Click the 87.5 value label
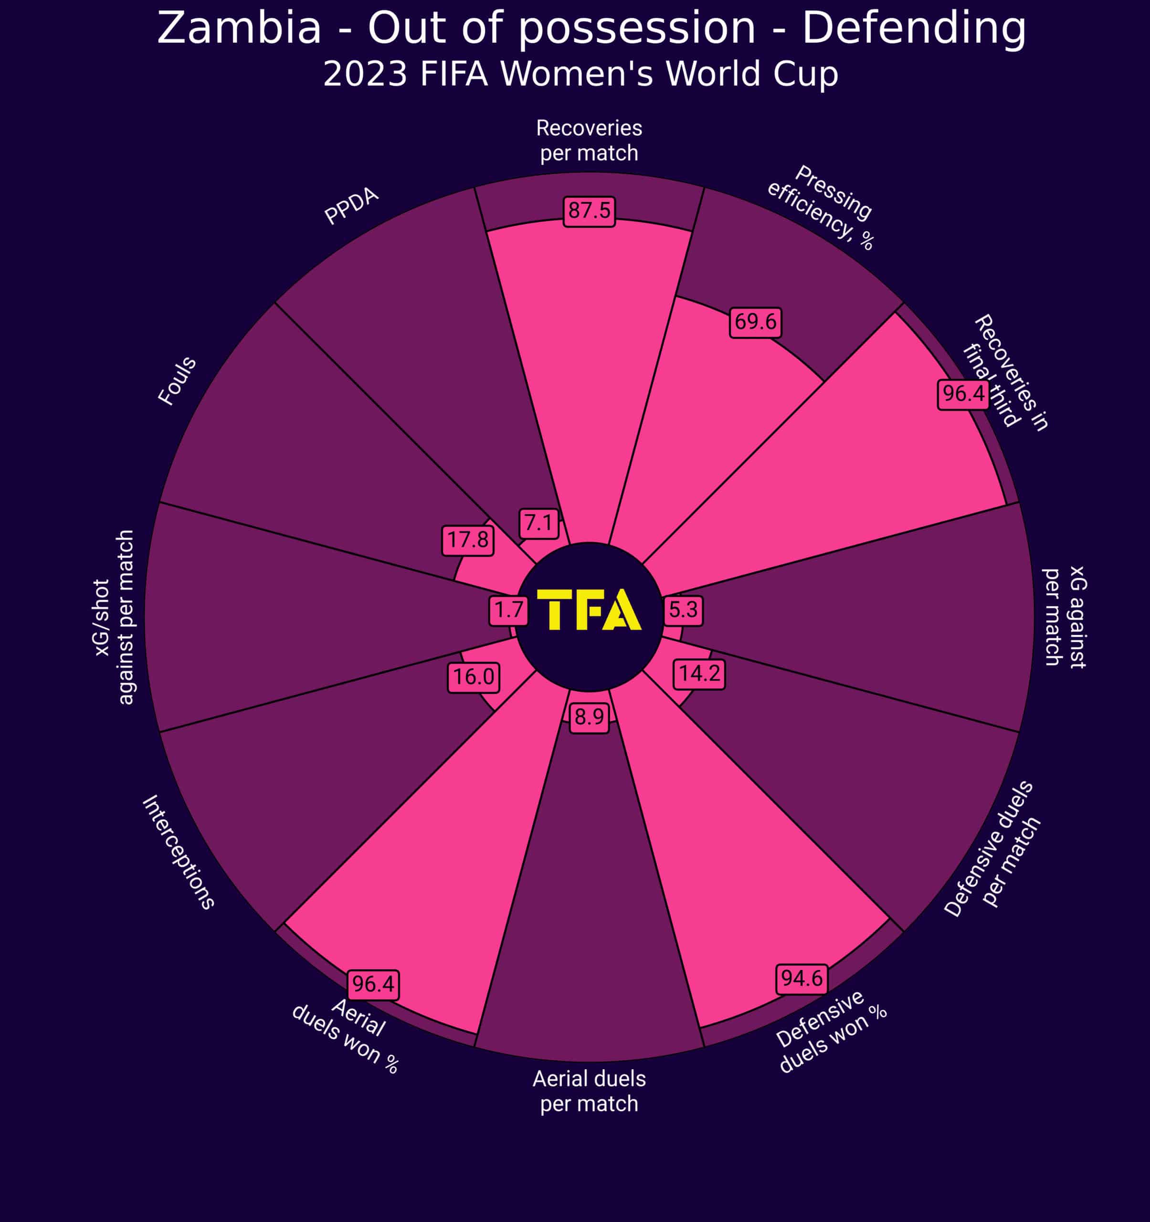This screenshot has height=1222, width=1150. (589, 211)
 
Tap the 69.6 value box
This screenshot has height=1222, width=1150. (755, 322)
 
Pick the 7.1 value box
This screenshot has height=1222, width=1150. (538, 523)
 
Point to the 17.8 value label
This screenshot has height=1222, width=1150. (467, 540)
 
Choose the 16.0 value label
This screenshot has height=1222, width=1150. (473, 677)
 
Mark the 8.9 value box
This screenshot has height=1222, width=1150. (589, 716)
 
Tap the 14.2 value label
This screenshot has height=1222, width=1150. (699, 674)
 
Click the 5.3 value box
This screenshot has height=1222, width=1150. (683, 610)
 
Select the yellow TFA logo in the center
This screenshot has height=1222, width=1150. (589, 610)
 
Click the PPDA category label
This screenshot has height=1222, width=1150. (351, 206)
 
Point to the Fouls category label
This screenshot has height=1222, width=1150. (177, 381)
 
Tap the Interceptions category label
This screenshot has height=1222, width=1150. (178, 852)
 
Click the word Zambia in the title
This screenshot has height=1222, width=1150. (239, 28)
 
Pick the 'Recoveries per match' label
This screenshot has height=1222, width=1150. (589, 140)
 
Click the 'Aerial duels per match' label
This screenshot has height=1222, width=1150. (589, 1091)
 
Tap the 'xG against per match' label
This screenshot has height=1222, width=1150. (1065, 617)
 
